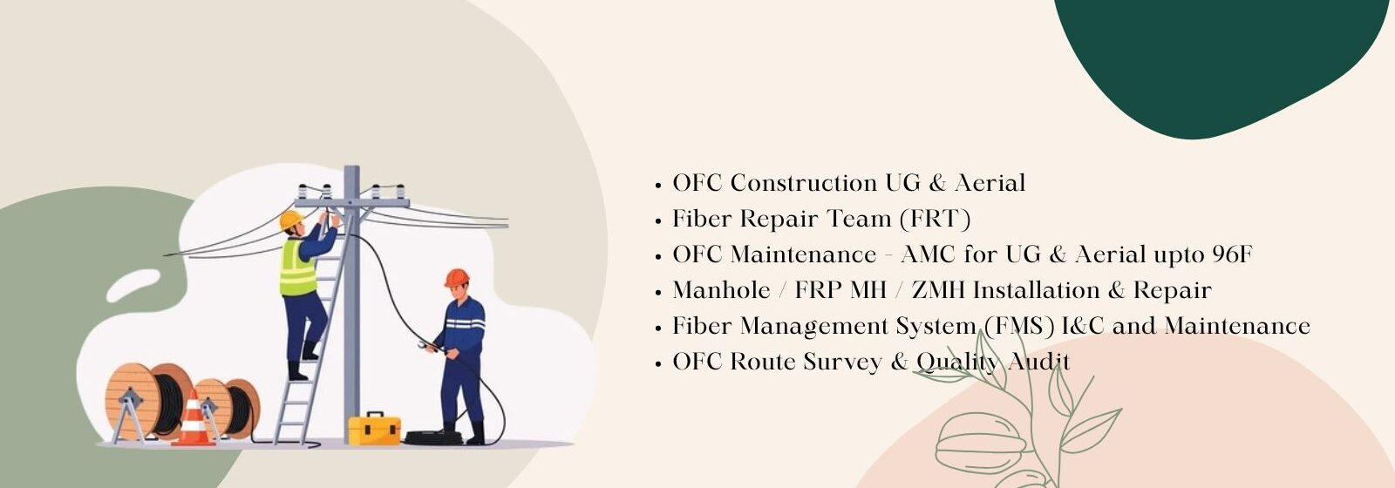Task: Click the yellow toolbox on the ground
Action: pyautogui.click(x=374, y=429)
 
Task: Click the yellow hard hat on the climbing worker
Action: pyautogui.click(x=290, y=220)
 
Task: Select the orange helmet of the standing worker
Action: pyautogui.click(x=457, y=278)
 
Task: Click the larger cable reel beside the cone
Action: pyautogui.click(x=148, y=401)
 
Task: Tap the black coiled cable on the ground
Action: pyautogui.click(x=433, y=437)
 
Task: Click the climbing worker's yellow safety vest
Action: pyautogui.click(x=298, y=268)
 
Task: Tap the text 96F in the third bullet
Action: pyautogui.click(x=1232, y=254)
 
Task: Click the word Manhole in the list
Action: pyautogui.click(x=721, y=290)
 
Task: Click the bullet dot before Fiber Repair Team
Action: pyautogui.click(x=657, y=221)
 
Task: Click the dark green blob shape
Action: pyautogui.click(x=1215, y=62)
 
